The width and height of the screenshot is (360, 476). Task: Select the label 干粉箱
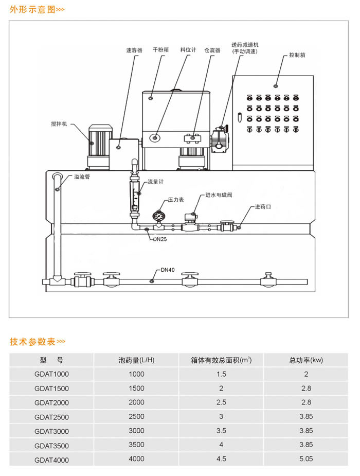coord(161,50)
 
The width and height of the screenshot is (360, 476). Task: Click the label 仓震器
coord(212,50)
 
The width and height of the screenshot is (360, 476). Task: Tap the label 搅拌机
coord(59,124)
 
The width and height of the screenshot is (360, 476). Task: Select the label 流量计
coord(155,182)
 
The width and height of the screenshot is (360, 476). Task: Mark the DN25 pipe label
coord(159,239)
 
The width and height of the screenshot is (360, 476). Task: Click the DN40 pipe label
coord(168,269)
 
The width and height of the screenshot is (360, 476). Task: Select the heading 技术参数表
coord(32,342)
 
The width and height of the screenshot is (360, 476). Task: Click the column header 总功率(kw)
coord(306,360)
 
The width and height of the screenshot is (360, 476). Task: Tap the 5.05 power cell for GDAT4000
coord(306,459)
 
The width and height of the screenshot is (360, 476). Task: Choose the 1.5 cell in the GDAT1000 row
coord(221,374)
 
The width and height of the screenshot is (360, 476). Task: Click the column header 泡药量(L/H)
coord(137,360)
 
